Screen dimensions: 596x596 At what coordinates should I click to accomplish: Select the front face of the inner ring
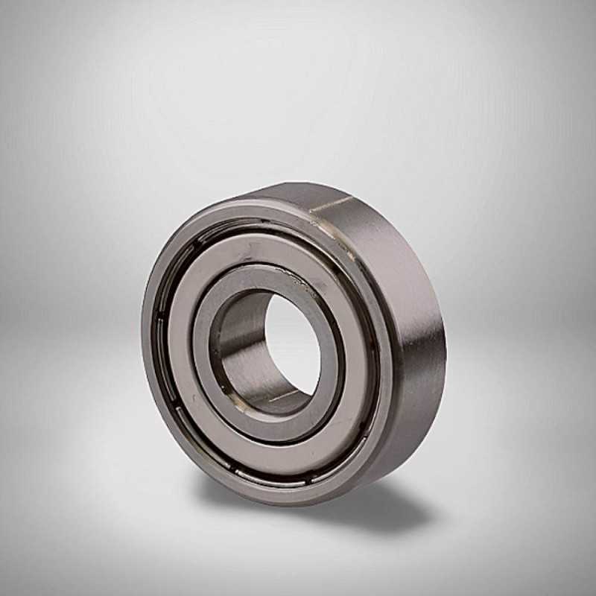pyautogui.click(x=328, y=387)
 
